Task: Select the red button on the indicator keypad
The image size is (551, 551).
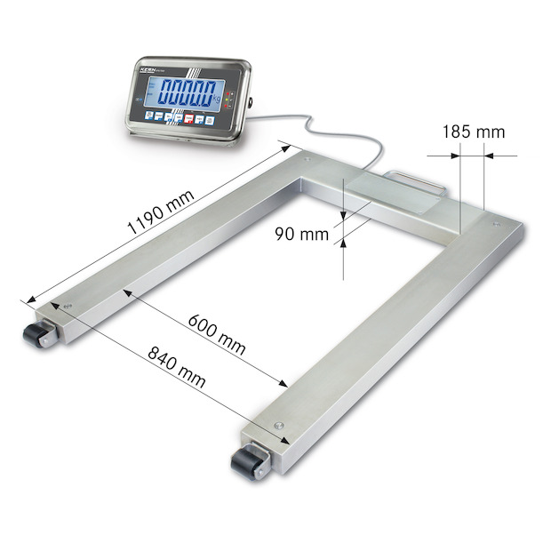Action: [x=188, y=117]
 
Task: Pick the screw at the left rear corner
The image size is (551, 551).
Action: [x=306, y=159]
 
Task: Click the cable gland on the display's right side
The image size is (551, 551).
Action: [x=252, y=103]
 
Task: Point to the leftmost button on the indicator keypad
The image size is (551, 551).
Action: [x=148, y=115]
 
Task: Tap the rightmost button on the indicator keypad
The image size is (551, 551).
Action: [x=211, y=119]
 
